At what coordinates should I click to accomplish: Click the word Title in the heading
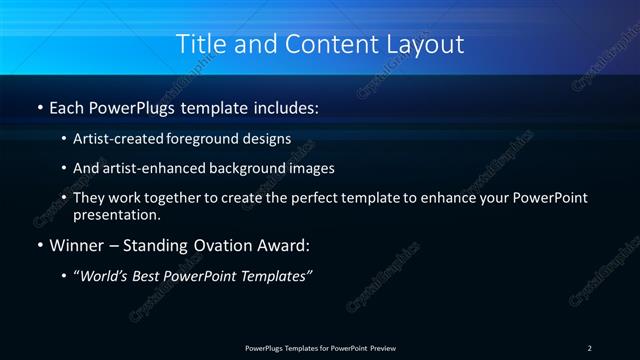click(198, 44)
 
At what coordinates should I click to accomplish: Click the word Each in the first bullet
click(69, 107)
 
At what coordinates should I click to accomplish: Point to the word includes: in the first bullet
click(286, 107)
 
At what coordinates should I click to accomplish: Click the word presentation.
click(116, 214)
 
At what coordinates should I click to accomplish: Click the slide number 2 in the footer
click(589, 347)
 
